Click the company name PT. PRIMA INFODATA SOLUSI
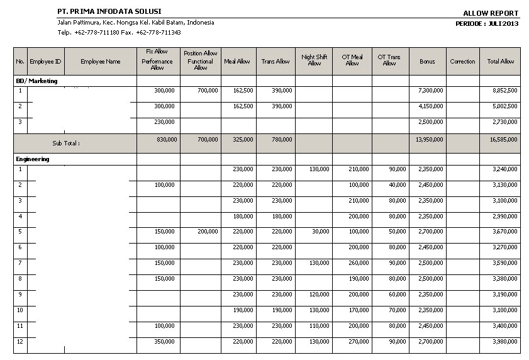(x=109, y=12)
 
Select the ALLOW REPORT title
(x=491, y=13)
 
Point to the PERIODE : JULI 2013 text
(x=487, y=23)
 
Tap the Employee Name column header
(x=100, y=62)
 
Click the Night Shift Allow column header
(x=314, y=60)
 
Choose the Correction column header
(x=462, y=62)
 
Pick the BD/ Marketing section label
(x=36, y=81)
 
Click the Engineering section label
(x=33, y=159)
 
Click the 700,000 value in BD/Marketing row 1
(x=208, y=91)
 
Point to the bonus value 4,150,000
(x=430, y=106)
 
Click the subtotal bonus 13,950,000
(x=429, y=139)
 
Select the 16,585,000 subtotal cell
(x=504, y=139)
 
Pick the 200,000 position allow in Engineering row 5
(x=208, y=232)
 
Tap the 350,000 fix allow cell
(x=165, y=342)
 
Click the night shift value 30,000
(x=320, y=232)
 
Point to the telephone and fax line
(x=119, y=32)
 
